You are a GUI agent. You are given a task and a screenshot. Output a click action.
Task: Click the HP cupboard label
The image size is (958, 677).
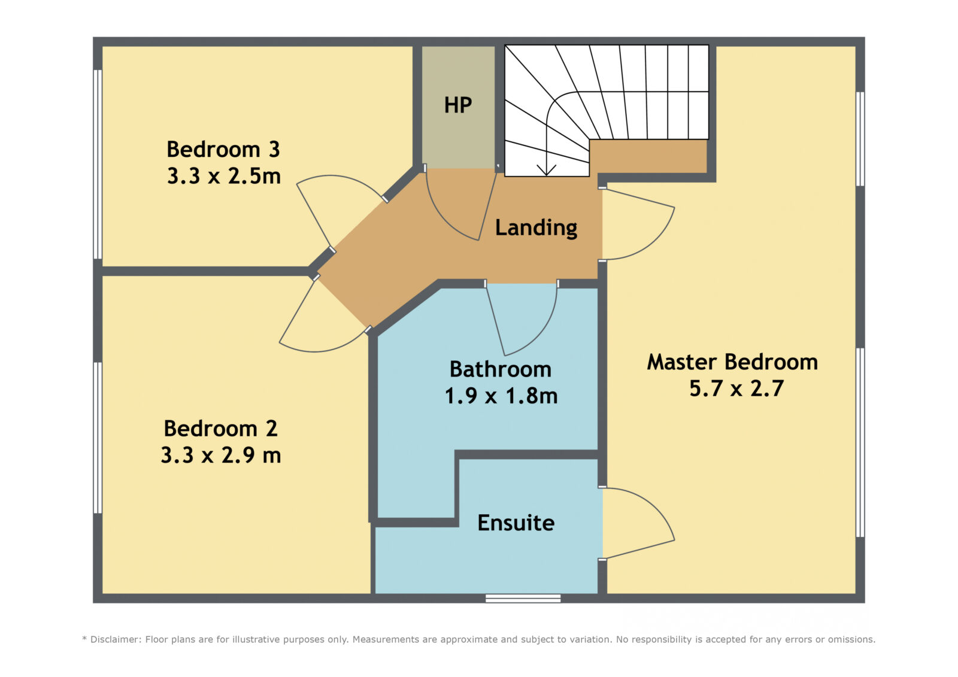[x=457, y=105]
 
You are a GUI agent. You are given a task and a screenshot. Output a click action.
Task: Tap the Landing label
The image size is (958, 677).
[x=536, y=227]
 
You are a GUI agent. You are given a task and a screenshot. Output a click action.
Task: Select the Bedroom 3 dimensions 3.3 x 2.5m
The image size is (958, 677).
[x=224, y=176]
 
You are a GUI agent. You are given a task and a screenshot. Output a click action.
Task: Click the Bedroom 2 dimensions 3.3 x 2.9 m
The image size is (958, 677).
[x=221, y=454]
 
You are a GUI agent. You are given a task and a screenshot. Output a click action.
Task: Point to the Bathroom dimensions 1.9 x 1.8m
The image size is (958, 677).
[x=501, y=396]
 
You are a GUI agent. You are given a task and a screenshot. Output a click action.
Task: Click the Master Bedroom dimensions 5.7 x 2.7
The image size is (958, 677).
[x=736, y=388]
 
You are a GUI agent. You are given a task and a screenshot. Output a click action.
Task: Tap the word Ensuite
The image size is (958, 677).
[x=516, y=523]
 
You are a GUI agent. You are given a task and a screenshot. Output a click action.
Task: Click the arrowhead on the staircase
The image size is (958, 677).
[x=547, y=170]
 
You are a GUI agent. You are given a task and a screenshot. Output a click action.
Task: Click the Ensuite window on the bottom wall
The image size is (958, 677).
[x=523, y=598]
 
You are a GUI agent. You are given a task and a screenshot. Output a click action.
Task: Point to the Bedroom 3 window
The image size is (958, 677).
[x=98, y=164]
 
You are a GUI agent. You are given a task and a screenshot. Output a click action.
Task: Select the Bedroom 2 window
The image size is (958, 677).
[x=98, y=438]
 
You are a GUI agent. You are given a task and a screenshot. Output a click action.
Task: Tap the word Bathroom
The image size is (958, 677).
[x=501, y=369]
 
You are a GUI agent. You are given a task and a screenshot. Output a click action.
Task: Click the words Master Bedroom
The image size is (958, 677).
[x=732, y=362]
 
